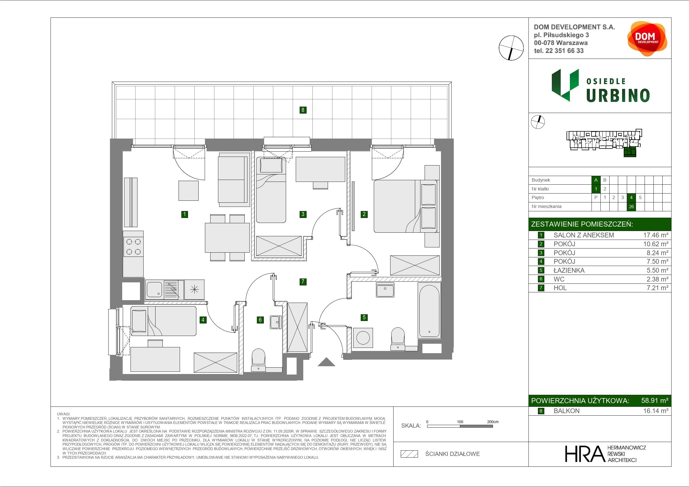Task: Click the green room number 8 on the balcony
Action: (x=303, y=110)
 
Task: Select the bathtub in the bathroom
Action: (x=429, y=311)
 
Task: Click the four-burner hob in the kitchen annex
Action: (x=134, y=246)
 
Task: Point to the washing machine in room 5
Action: (x=363, y=338)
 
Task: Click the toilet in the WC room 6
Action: (x=258, y=360)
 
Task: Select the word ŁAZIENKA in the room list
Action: (x=569, y=270)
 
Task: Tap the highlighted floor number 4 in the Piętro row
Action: (x=632, y=197)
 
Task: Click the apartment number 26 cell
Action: (x=632, y=207)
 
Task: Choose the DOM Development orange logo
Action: (x=647, y=39)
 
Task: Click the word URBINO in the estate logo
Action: (x=618, y=96)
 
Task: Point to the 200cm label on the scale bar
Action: (x=493, y=421)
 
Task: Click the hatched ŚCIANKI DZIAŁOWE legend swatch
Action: (x=409, y=454)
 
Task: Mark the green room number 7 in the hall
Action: (x=303, y=282)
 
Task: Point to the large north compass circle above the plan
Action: (x=511, y=48)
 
